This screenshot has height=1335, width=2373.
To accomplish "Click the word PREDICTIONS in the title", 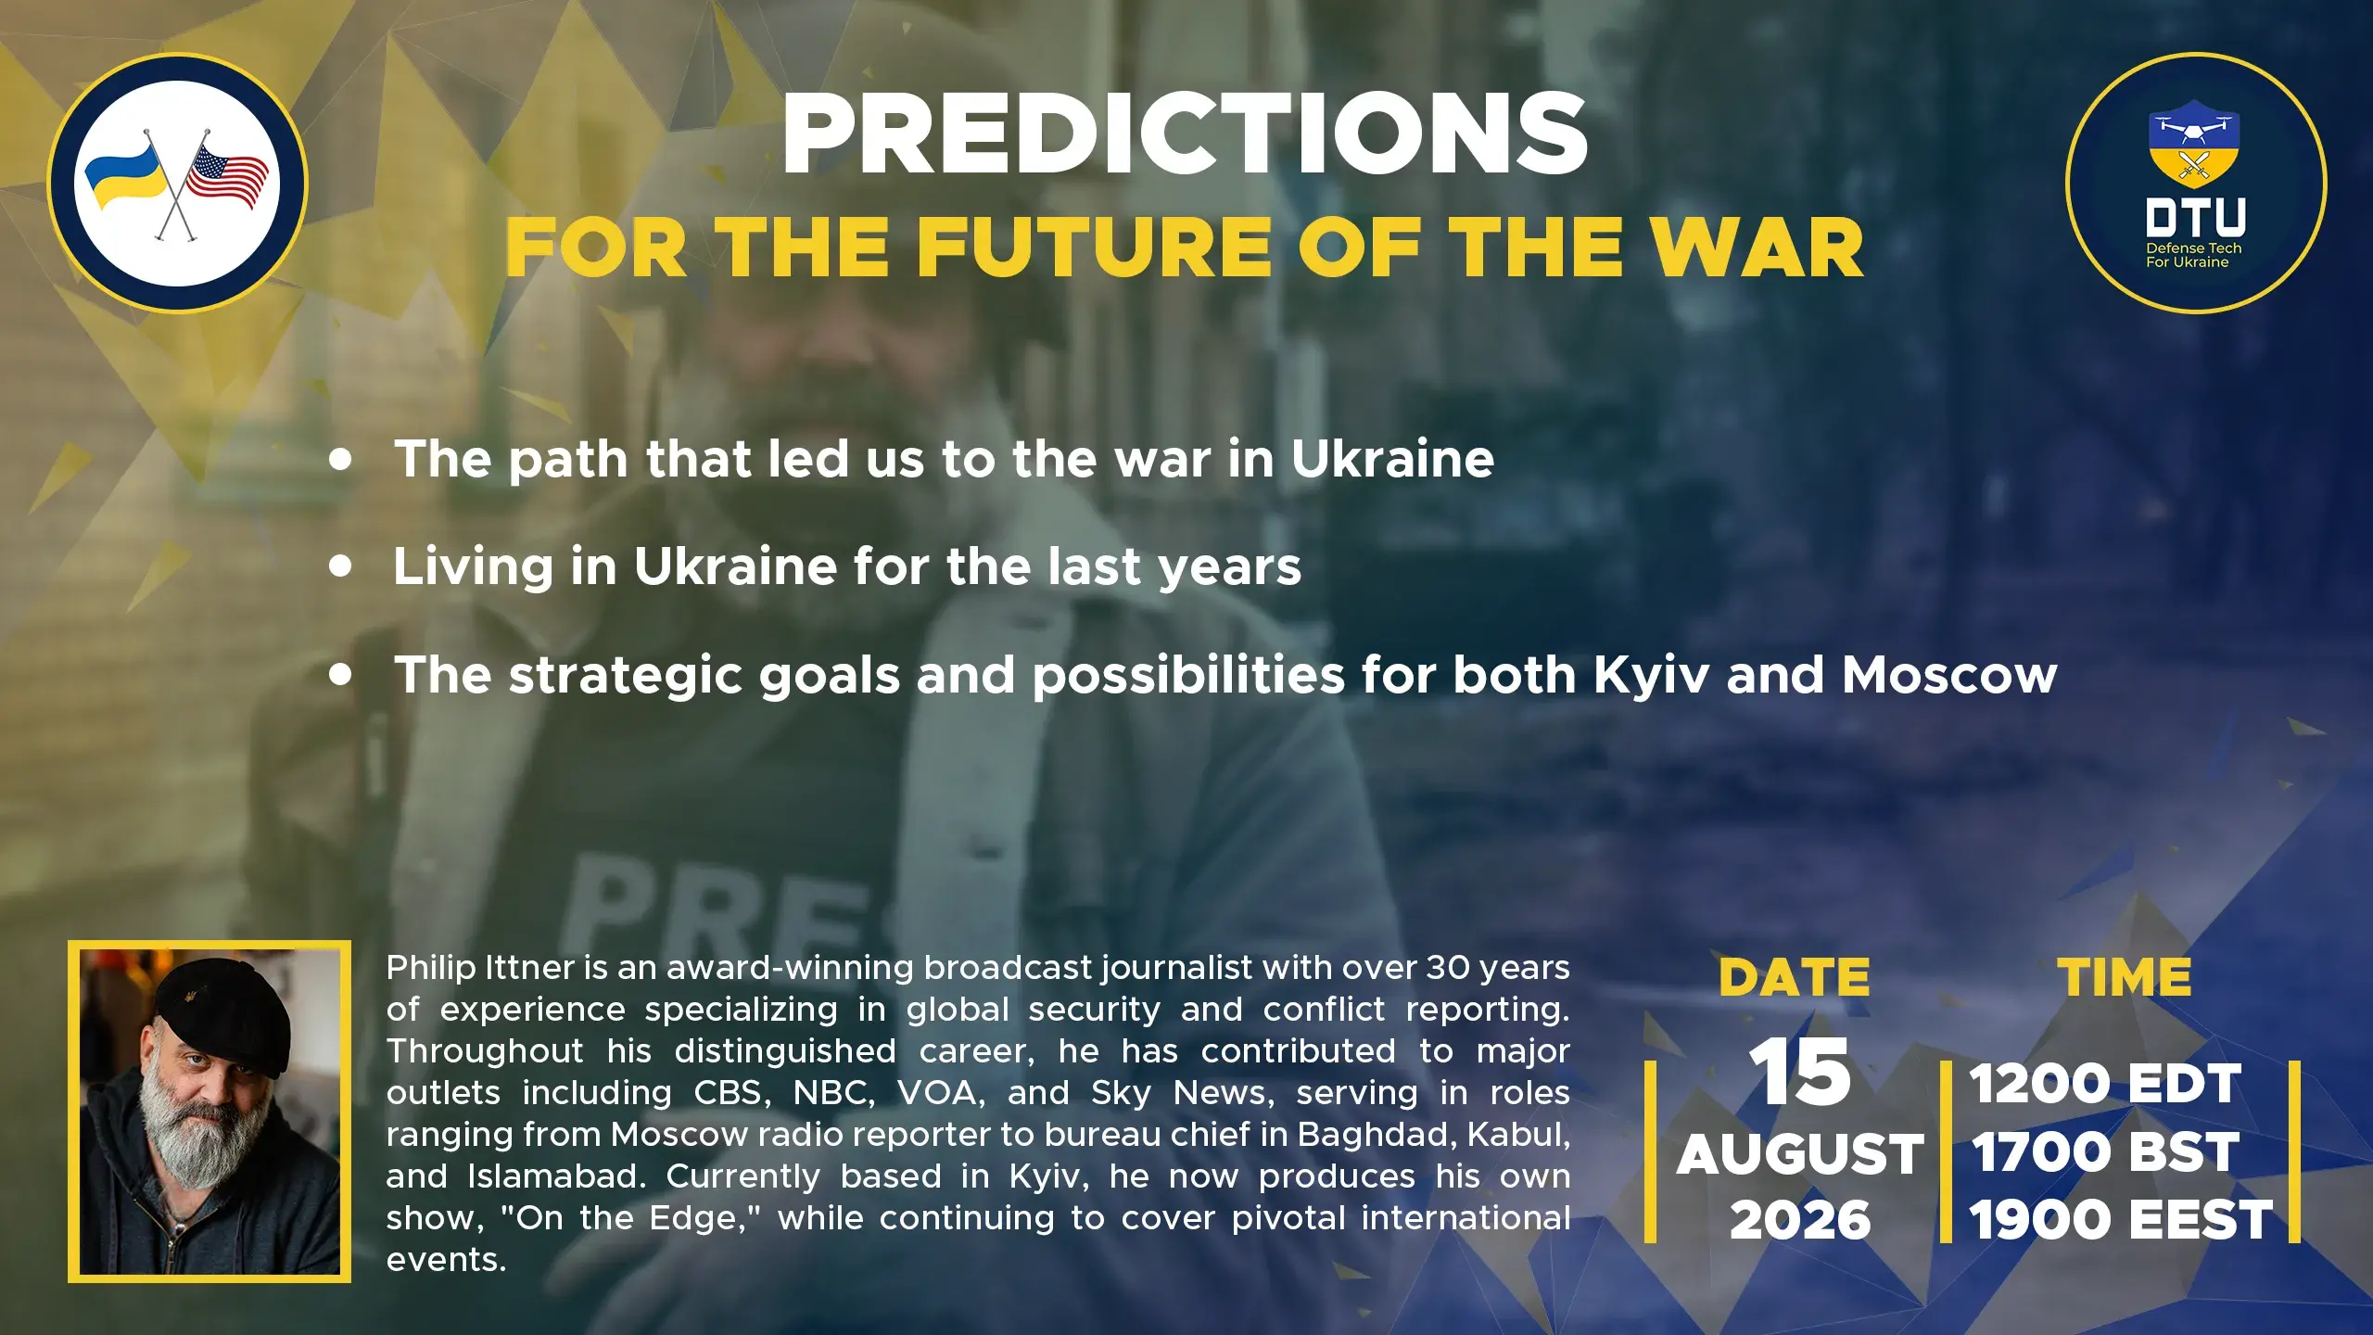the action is (x=1185, y=134).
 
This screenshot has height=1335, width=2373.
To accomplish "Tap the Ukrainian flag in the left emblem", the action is (x=123, y=174).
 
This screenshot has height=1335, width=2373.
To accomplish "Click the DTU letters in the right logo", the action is (x=2196, y=217).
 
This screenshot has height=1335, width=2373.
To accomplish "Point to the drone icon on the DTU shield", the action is (x=2194, y=129).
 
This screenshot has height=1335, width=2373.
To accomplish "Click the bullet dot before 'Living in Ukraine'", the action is (x=341, y=566).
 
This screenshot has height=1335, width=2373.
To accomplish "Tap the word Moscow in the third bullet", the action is (x=1949, y=675).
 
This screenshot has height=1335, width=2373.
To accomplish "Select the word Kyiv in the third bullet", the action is (x=1651, y=677).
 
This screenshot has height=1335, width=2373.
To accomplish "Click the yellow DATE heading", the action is (x=1795, y=977).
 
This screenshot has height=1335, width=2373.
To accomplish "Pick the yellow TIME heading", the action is (x=2125, y=977).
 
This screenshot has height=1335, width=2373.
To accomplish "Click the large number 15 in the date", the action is (x=1799, y=1072).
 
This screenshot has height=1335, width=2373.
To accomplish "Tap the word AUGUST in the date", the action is (x=1800, y=1154).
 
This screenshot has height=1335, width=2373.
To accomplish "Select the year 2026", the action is (x=1800, y=1219).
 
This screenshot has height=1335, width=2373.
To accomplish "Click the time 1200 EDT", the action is (x=2105, y=1084).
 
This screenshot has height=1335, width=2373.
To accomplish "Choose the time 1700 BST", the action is (x=2105, y=1152).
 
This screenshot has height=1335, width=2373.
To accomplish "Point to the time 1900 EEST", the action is (x=2121, y=1219).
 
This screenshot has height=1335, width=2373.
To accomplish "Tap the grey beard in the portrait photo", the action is (x=190, y=1136).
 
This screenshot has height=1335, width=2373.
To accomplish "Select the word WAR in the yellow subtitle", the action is (x=1758, y=248).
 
